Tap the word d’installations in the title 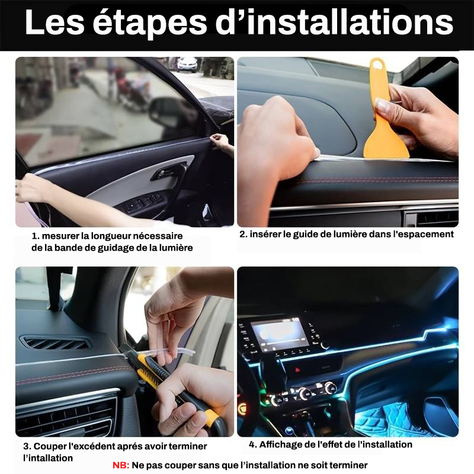(334, 22)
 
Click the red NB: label (121, 465)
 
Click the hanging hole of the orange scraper (377, 65)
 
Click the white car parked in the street (187, 65)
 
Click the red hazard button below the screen (297, 370)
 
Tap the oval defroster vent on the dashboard (55, 344)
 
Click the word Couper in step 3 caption (49, 447)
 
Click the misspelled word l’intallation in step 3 (48, 458)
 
